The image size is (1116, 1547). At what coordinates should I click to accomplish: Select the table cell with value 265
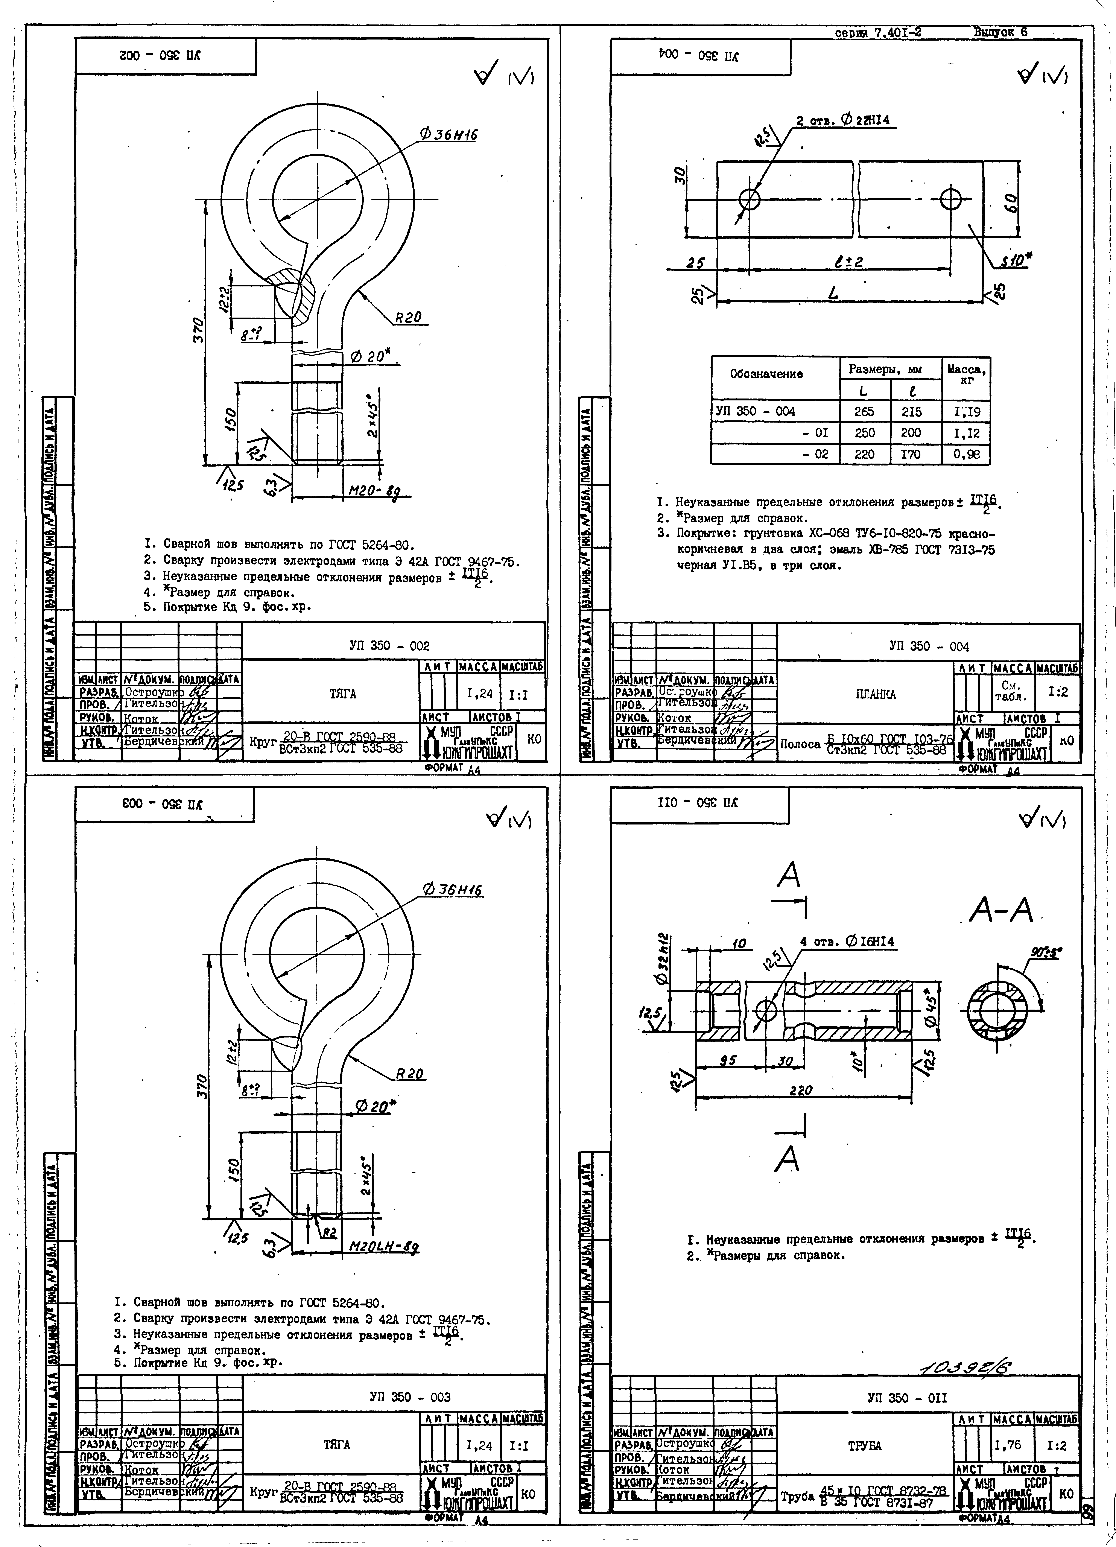click(864, 411)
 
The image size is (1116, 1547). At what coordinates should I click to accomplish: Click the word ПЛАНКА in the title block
click(875, 694)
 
